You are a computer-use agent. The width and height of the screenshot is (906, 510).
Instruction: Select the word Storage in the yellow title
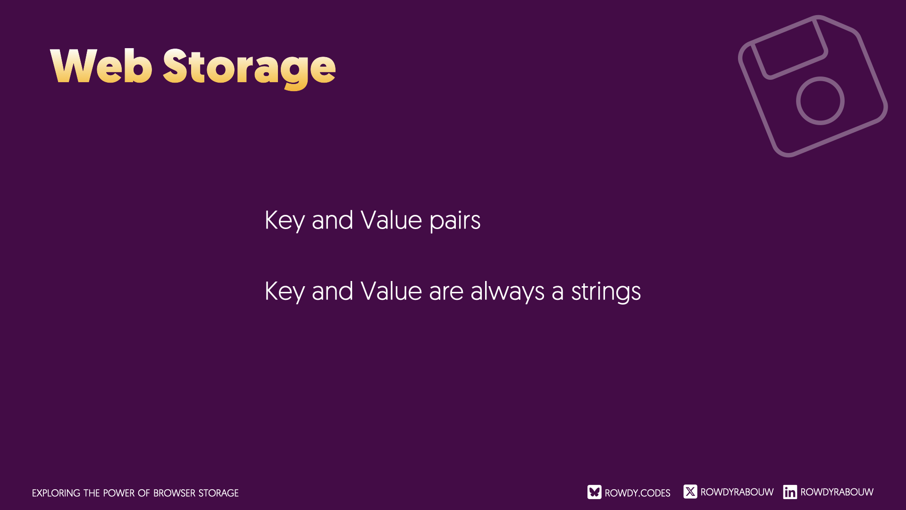point(249,68)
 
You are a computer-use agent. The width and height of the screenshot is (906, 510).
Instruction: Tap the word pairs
point(455,221)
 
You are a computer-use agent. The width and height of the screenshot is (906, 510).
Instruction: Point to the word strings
point(606,292)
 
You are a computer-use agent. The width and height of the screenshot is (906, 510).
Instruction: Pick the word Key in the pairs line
point(285,221)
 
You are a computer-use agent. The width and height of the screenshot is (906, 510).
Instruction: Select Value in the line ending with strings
point(391,290)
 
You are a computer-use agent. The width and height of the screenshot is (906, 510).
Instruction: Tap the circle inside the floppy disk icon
point(820,77)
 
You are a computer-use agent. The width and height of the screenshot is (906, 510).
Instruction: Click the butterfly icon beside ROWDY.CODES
point(594,492)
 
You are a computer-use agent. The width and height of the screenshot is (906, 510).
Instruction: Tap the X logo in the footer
point(690,492)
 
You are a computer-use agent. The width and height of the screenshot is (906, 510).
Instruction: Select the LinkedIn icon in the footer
point(790,492)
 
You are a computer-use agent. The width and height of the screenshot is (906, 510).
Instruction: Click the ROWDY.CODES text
point(638,493)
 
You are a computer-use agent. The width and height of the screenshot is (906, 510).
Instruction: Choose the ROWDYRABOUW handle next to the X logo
point(737,492)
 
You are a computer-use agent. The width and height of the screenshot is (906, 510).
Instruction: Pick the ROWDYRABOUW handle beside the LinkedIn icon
point(837,492)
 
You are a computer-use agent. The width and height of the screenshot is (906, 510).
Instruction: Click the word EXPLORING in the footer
point(56,493)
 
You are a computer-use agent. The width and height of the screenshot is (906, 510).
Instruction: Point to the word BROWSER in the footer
point(174,493)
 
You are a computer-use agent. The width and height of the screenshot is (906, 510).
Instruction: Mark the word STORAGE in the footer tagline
point(218,493)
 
